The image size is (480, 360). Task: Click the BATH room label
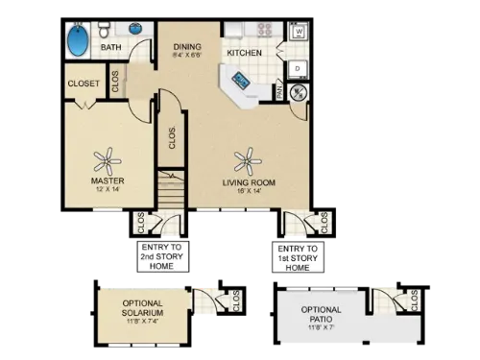coord(111,46)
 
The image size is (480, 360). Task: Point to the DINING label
coord(187,46)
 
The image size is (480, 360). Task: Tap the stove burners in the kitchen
coord(257,30)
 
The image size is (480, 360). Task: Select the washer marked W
coord(299,33)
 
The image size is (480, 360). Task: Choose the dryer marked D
coord(298,68)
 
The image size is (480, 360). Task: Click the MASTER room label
coord(106,180)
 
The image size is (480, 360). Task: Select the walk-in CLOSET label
coord(84,84)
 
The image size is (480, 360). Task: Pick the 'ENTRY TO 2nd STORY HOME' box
coord(160,257)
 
